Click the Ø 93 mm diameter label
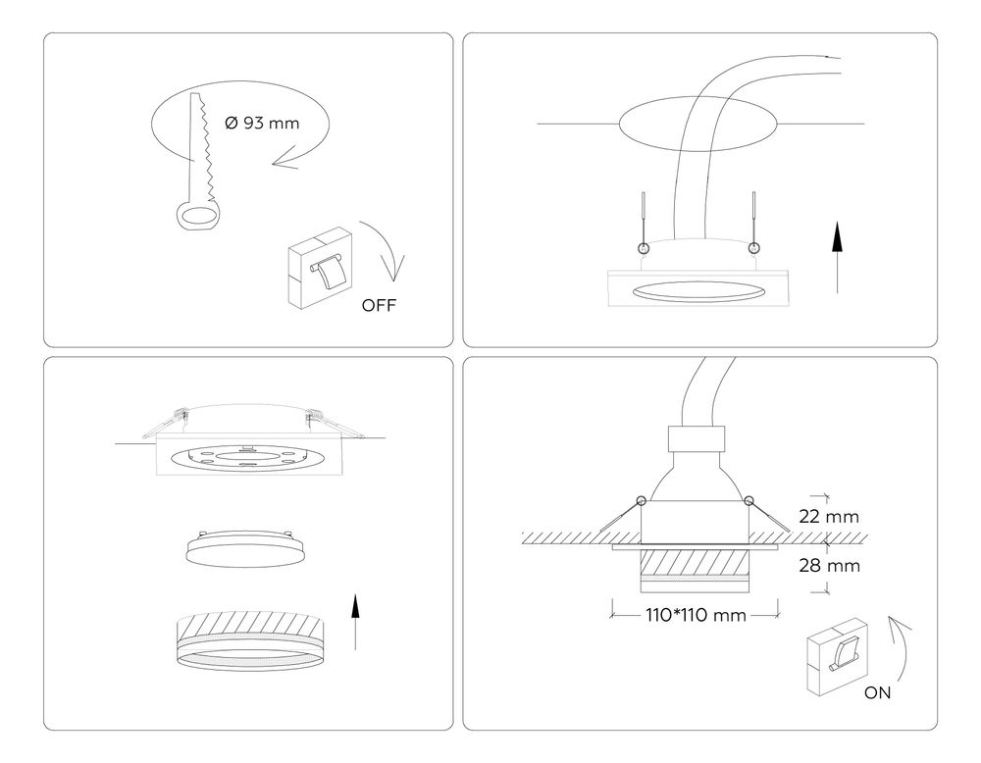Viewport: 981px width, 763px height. click(262, 124)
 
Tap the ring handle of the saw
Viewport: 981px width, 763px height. click(199, 217)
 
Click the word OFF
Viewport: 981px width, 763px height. click(379, 305)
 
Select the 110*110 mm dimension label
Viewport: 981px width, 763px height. click(697, 616)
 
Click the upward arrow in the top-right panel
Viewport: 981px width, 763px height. click(836, 257)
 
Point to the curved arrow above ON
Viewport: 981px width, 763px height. click(904, 647)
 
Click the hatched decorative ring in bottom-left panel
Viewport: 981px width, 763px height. click(250, 642)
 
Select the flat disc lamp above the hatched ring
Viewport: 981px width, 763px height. click(242, 547)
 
